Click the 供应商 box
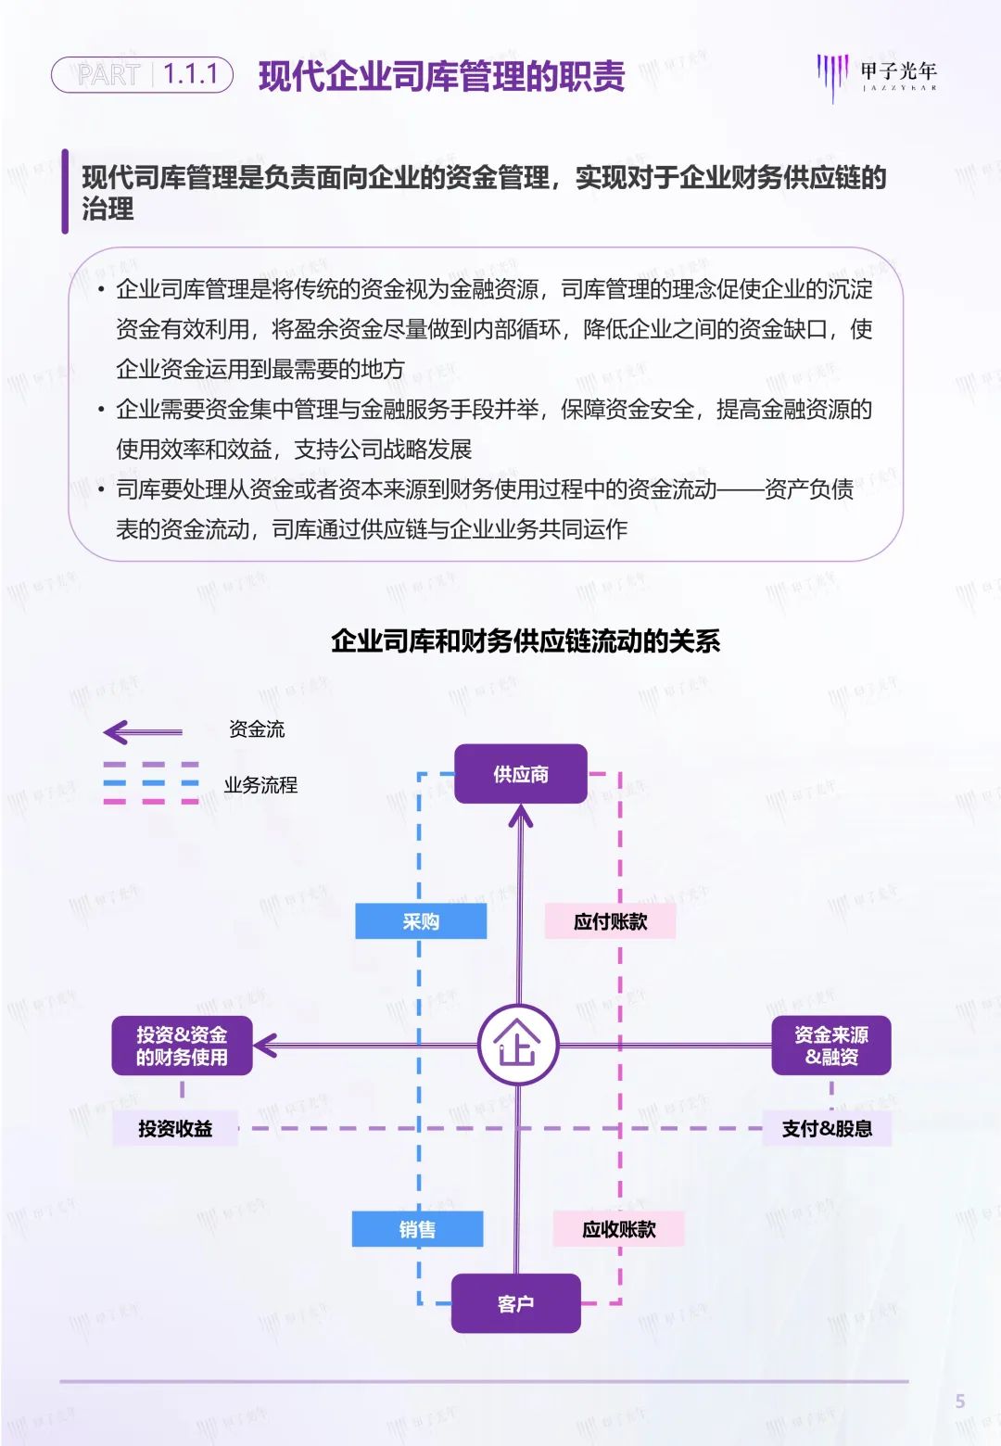[520, 774]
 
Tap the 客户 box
[515, 1303]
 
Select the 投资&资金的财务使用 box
[182, 1046]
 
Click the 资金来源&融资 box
[830, 1046]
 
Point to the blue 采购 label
[421, 921]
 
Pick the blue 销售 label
[417, 1229]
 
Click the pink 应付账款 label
[610, 921]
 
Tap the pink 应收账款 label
[618, 1229]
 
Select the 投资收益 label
[175, 1128]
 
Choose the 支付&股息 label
[827, 1128]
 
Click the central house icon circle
[518, 1046]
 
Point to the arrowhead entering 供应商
[520, 815]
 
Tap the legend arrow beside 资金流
[143, 732]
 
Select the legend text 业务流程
[260, 785]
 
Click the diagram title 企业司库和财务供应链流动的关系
[526, 641]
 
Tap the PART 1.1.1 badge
[142, 74]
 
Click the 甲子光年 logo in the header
[877, 74]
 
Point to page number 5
[960, 1402]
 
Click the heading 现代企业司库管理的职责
[441, 76]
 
